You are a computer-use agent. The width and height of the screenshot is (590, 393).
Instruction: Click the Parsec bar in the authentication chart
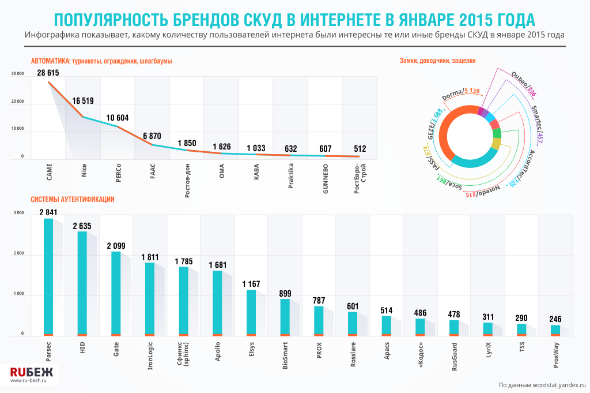point(48,277)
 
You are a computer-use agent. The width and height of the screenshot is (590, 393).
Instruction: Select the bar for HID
point(82,283)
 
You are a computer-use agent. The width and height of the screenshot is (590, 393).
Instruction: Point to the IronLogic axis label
point(150,355)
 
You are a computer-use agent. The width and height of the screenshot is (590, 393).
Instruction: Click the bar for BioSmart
point(285,317)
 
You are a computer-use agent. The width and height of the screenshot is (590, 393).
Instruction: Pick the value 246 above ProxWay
point(555,319)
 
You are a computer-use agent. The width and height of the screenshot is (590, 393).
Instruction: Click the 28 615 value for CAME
point(48,73)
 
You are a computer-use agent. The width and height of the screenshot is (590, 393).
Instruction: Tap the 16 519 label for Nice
point(82,101)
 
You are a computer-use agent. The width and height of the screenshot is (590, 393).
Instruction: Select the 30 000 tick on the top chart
point(17,74)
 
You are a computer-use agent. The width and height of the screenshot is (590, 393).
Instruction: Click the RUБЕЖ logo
point(31,372)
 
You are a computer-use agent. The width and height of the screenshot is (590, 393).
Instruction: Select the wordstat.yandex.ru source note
point(542,384)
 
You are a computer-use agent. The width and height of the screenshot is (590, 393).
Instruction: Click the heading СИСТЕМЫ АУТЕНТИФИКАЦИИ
point(72,200)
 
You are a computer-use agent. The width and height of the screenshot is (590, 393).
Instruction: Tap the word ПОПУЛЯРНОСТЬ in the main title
point(111,20)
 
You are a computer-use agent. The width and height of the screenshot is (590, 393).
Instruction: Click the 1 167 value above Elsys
point(252,283)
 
